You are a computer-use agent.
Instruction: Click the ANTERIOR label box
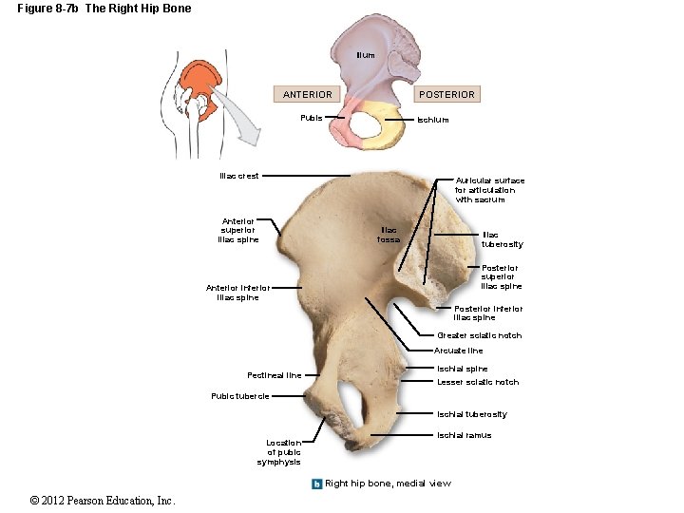pyautogui.click(x=308, y=94)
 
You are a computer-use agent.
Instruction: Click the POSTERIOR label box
pyautogui.click(x=446, y=94)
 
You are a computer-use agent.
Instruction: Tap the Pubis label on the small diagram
pyautogui.click(x=311, y=119)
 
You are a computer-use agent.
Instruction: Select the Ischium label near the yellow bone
pyautogui.click(x=433, y=120)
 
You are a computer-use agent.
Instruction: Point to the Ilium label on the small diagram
pyautogui.click(x=365, y=55)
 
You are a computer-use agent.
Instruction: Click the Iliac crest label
pyautogui.click(x=238, y=176)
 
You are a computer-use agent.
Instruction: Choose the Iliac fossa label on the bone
pyautogui.click(x=389, y=235)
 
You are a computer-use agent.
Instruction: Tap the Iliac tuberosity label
pyautogui.click(x=502, y=239)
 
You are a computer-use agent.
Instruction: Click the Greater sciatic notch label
pyautogui.click(x=479, y=335)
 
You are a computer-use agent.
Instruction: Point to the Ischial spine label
pyautogui.click(x=463, y=369)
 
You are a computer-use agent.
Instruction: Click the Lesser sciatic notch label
pyautogui.click(x=478, y=382)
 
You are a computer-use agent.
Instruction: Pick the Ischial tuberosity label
pyautogui.click(x=471, y=414)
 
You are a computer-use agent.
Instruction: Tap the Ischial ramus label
pyautogui.click(x=464, y=436)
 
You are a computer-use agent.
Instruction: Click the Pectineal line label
pyautogui.click(x=274, y=375)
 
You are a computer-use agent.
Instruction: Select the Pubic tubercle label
pyautogui.click(x=240, y=396)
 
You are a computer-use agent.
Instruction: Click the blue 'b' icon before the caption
pyautogui.click(x=317, y=484)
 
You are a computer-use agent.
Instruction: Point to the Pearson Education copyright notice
pyautogui.click(x=103, y=501)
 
